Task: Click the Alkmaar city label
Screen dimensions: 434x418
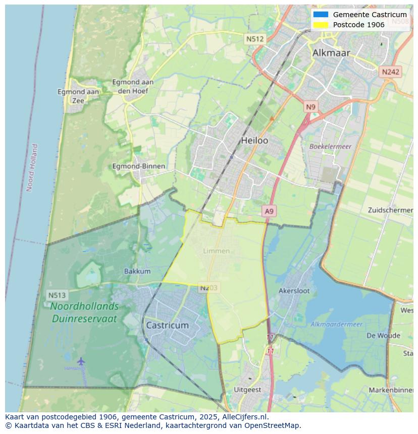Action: [x=331, y=53]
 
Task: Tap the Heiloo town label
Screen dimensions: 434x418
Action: [x=254, y=141]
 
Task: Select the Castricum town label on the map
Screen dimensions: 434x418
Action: [x=167, y=325]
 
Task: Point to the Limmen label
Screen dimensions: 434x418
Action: [x=216, y=251]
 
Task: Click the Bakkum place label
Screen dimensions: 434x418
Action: [x=137, y=271]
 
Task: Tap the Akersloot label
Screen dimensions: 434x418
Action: [x=294, y=291]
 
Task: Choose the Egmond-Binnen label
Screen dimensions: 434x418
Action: [x=138, y=166]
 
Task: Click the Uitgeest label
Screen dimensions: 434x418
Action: [x=247, y=390]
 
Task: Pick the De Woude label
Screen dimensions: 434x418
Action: [x=383, y=336]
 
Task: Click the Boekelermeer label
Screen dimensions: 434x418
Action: [x=330, y=147]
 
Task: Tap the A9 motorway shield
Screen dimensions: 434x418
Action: [x=270, y=212]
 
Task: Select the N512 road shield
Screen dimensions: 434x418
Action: [x=255, y=39]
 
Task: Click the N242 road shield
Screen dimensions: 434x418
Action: [x=390, y=72]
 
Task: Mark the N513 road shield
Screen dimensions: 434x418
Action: [x=58, y=295]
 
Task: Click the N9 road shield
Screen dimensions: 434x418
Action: [x=310, y=107]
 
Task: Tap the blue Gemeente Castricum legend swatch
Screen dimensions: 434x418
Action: [x=321, y=15]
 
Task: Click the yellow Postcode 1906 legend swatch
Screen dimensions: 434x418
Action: [x=321, y=25]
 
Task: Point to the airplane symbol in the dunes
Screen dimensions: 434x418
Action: [x=81, y=361]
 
